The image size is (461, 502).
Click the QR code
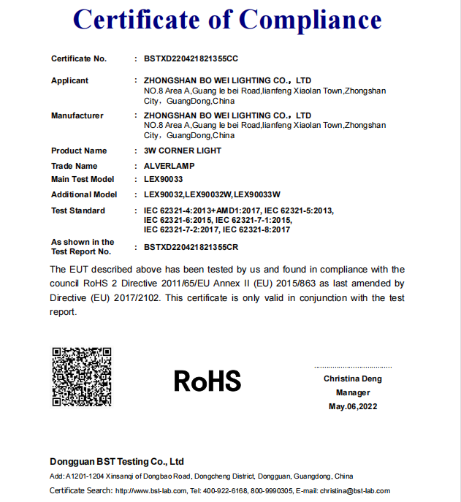(81, 376)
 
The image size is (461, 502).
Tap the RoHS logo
(207, 380)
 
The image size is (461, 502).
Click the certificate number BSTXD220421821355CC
(191, 58)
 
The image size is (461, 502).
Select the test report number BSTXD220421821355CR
(191, 247)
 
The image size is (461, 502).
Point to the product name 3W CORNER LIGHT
(183, 151)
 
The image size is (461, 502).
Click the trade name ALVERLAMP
(169, 166)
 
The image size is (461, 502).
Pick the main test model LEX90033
(164, 179)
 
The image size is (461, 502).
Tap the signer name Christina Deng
(353, 379)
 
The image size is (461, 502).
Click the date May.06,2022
(353, 406)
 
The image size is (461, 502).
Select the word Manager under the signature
(353, 392)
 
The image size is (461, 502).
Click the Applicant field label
(69, 80)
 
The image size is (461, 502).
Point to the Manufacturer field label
(77, 115)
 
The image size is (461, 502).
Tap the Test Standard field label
(77, 210)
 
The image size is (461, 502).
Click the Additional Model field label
(83, 194)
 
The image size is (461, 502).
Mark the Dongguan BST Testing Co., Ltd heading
(117, 462)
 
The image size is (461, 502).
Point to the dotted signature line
(353, 367)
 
